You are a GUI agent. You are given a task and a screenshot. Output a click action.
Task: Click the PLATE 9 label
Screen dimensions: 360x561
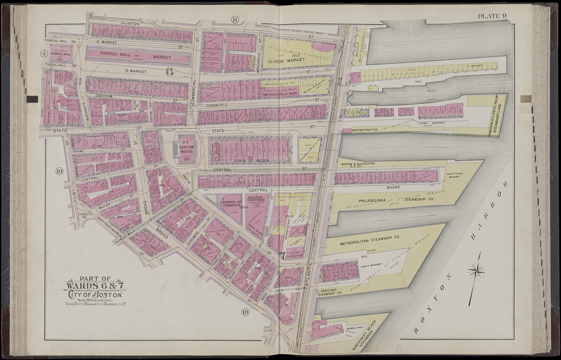pos(492,17)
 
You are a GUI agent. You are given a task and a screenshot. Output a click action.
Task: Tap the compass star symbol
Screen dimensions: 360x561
pos(476,271)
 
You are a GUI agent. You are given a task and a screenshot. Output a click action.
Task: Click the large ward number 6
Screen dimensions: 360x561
pos(169,71)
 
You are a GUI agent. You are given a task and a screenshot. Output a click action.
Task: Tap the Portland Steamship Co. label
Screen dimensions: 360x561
pos(331,293)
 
